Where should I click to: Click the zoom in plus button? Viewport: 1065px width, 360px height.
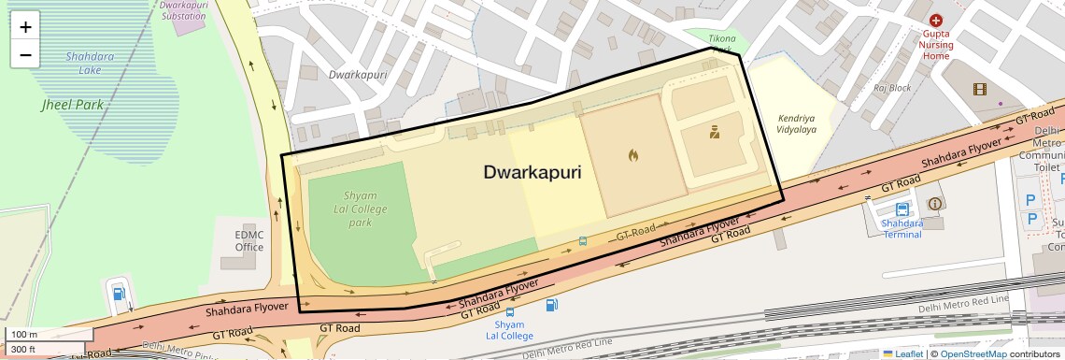pos(25,27)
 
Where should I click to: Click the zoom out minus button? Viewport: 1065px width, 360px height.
pos(25,55)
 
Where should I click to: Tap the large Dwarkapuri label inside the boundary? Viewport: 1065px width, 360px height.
pos(532,173)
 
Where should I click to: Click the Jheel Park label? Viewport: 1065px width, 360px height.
pos(72,105)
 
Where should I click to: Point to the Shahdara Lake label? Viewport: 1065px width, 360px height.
pos(90,63)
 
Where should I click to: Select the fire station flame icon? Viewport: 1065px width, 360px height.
pos(632,155)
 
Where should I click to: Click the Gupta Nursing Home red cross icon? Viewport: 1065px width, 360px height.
pos(935,20)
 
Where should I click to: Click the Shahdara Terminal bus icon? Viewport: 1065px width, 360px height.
pos(902,209)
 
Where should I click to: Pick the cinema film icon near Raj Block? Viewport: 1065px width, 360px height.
pos(979,90)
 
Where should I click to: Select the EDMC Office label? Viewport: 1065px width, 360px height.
pos(249,240)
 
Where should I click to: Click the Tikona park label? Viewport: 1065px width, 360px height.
pos(721,39)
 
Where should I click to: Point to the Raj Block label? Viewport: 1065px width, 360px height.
pos(892,88)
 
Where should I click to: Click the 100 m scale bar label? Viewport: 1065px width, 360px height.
pos(23,334)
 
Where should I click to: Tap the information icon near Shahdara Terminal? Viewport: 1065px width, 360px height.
pos(934,203)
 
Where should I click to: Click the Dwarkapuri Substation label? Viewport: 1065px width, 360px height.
pos(182,10)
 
